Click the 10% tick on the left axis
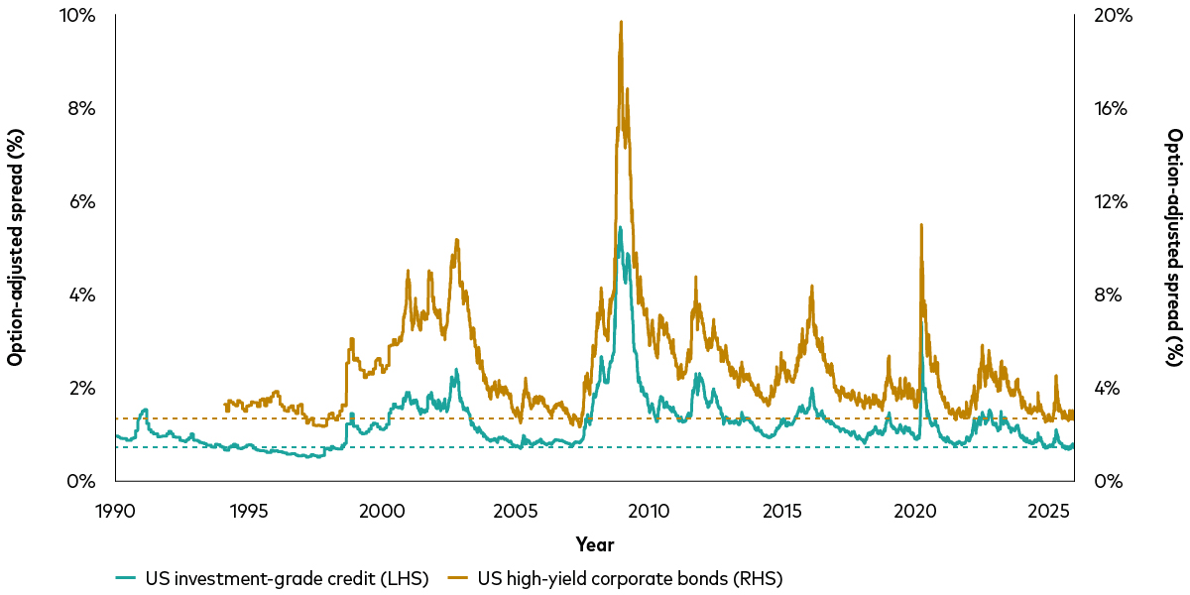coord(78,16)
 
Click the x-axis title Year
coord(594,544)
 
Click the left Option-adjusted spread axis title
coord(15,248)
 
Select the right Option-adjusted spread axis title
coord(1174,248)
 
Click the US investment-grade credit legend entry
coord(273,578)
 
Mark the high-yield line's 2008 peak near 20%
coord(621,22)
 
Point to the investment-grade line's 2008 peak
coord(620,227)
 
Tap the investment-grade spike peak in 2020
coord(922,320)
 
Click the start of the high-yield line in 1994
coord(226,403)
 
